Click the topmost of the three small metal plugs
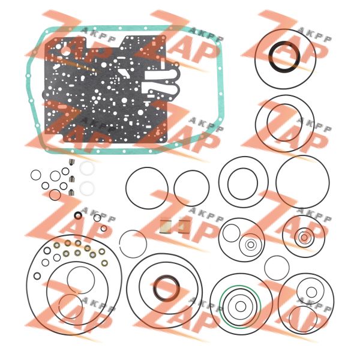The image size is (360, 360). coord(71,162)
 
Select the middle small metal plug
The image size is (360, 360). coord(71,178)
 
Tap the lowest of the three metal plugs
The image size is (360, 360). coord(71,192)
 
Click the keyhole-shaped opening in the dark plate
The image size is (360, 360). coord(65,50)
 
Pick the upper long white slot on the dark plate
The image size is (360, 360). coord(161,76)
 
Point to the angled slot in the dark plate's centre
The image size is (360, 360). coord(124,74)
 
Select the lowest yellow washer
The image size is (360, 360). coord(104,263)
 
